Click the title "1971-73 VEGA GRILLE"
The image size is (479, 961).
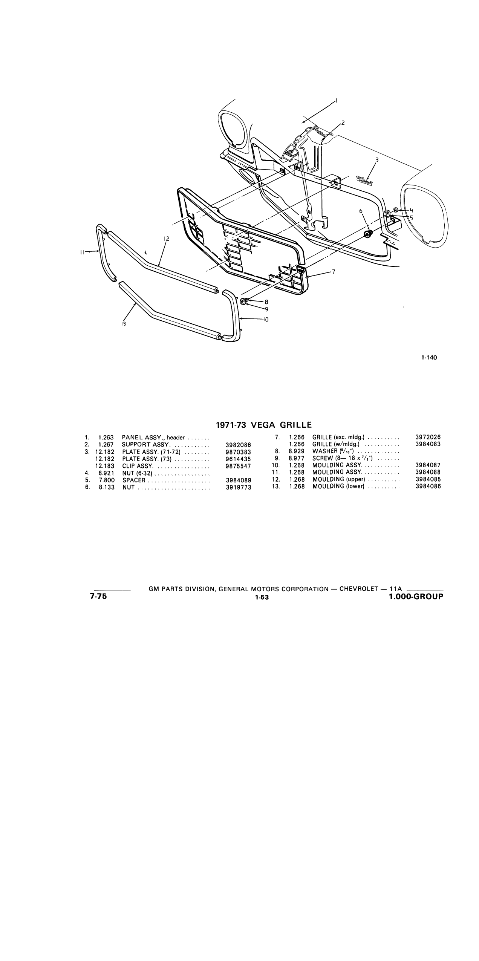(264, 425)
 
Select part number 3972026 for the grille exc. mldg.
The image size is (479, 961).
(428, 438)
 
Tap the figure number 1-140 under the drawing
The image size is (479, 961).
(429, 358)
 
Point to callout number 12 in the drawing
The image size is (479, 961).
(167, 239)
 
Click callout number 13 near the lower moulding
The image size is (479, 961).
(123, 324)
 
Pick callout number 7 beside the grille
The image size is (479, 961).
(334, 272)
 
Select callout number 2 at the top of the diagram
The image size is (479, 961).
(343, 122)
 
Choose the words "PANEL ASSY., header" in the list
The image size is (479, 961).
(153, 438)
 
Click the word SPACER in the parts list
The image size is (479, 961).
(134, 481)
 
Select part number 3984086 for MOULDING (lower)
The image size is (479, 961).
(428, 487)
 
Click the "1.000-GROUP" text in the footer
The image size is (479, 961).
(416, 597)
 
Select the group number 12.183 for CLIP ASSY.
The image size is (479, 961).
(105, 466)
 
